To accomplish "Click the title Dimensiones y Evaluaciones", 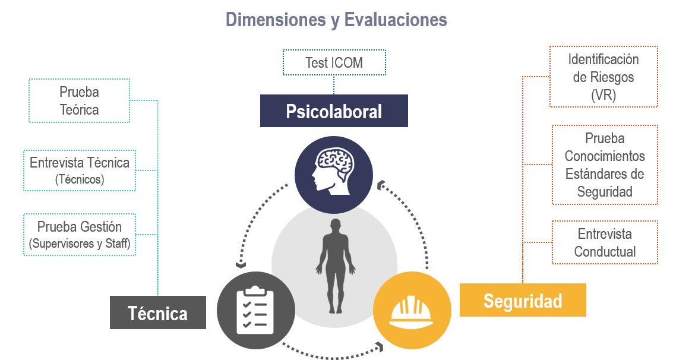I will [x=336, y=20].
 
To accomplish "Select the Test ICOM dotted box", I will [x=334, y=62].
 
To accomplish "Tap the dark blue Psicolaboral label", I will [x=334, y=111].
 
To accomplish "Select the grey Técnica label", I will [x=158, y=313].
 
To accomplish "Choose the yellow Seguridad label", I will [x=523, y=301].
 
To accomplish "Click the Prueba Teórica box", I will [x=79, y=101].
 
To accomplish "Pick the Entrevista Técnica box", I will [x=80, y=170].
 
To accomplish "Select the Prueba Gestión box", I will [x=80, y=235].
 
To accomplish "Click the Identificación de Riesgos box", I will [x=603, y=77].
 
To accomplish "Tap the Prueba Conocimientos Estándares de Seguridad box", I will [x=605, y=165].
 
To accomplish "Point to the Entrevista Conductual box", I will [x=605, y=242].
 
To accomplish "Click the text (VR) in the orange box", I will [x=603, y=95].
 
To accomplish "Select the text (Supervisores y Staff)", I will [x=80, y=244].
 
